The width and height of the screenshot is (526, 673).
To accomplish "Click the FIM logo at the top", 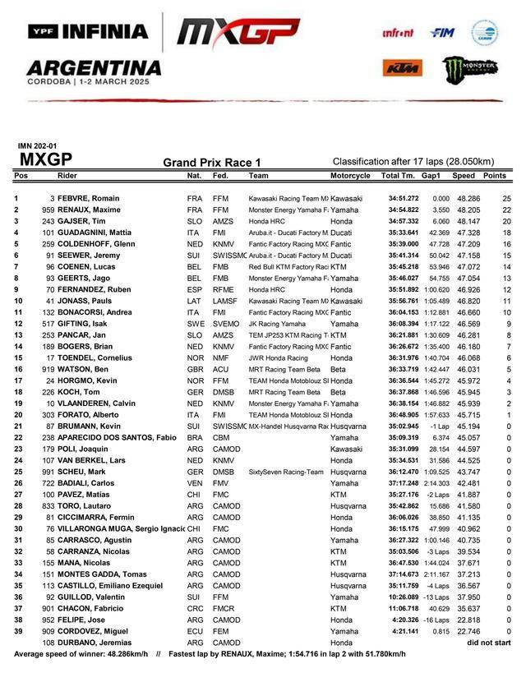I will point(442,33).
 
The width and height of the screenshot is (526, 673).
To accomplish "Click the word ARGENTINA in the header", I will point(94,67).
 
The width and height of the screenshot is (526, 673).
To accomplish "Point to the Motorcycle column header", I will point(350,176).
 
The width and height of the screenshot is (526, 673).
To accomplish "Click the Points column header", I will point(495,176).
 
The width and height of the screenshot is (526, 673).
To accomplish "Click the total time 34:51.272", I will point(404,199).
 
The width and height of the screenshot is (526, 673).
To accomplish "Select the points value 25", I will point(507,199).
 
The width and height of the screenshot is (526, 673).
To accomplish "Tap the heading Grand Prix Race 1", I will point(211,163).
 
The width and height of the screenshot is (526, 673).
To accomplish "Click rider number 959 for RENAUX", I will point(48,210).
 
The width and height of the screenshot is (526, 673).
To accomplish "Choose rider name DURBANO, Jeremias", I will point(95,643).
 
